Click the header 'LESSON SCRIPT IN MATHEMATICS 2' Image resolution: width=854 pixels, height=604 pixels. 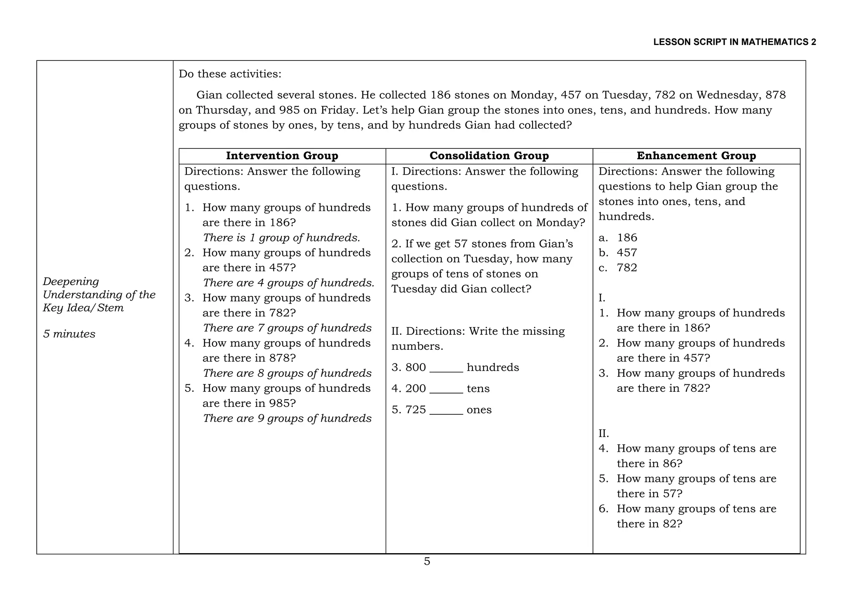coord(734,42)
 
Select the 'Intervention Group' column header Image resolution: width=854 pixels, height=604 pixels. coord(282,156)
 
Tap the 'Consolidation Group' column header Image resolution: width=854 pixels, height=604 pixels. coord(489,156)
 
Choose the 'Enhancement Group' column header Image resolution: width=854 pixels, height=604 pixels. coord(696,156)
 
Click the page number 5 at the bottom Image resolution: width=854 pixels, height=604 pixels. coord(427,561)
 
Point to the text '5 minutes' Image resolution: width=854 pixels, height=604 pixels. coord(69,334)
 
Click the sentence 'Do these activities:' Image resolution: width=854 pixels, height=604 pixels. coord(230,74)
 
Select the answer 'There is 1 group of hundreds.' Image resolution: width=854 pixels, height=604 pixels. coord(281,238)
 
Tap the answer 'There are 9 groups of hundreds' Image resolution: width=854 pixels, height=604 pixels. coord(287,419)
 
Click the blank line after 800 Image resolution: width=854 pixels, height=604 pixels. coord(446,368)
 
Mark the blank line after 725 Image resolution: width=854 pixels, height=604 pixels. coord(446,411)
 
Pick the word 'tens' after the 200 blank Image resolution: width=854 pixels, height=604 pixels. coord(478,389)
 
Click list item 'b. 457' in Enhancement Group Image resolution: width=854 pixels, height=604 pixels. coord(618,253)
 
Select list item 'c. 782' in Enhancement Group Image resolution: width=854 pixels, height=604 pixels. coord(618,268)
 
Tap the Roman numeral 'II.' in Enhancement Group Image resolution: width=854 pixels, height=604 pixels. coord(603,434)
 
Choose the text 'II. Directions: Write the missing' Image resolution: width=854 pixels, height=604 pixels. coord(478,331)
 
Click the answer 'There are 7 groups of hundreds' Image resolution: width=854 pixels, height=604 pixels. coord(287,328)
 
